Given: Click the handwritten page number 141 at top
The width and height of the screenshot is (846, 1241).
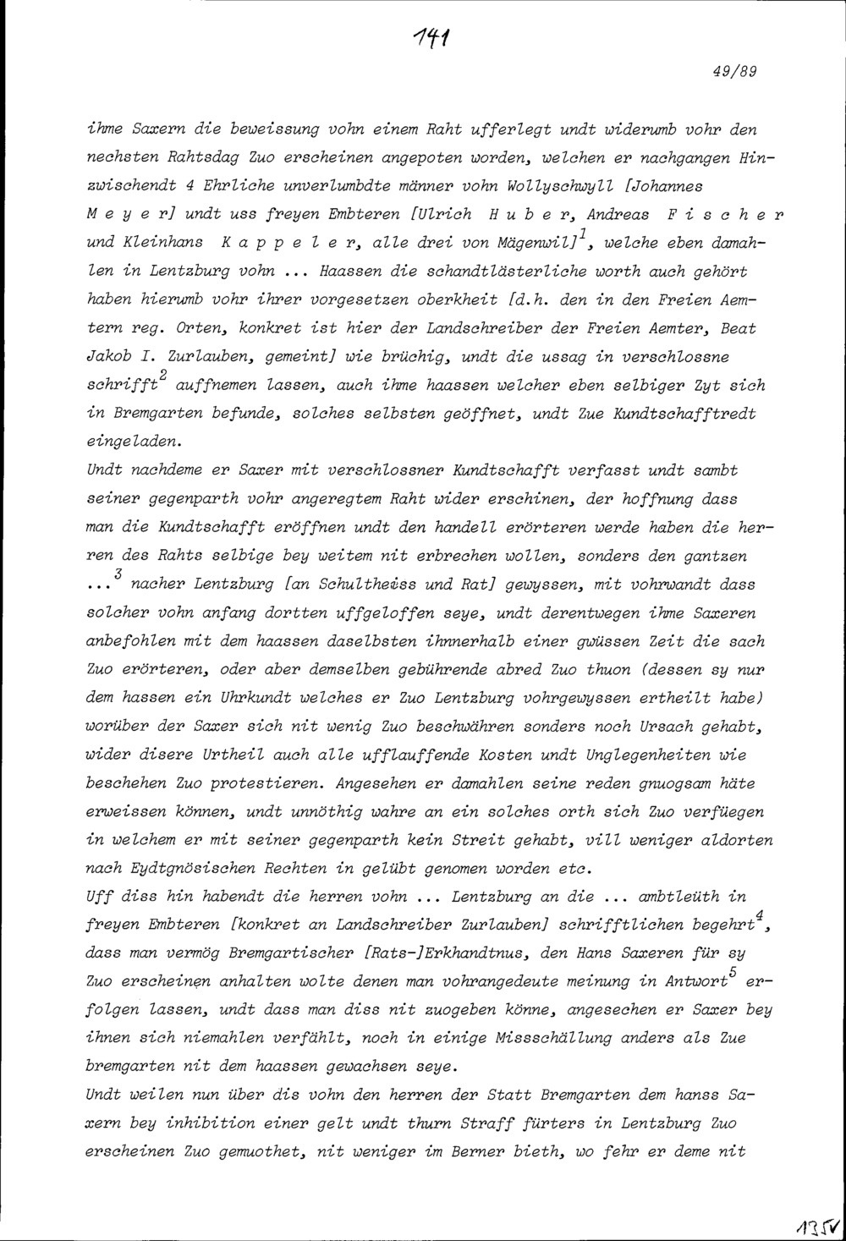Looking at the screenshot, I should click(x=431, y=36).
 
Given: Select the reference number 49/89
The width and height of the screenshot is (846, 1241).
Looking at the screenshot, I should click(x=733, y=72).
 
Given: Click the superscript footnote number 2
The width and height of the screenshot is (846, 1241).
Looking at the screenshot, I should click(x=162, y=374).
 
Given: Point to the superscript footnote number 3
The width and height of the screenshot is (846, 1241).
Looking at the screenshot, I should click(x=118, y=574).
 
